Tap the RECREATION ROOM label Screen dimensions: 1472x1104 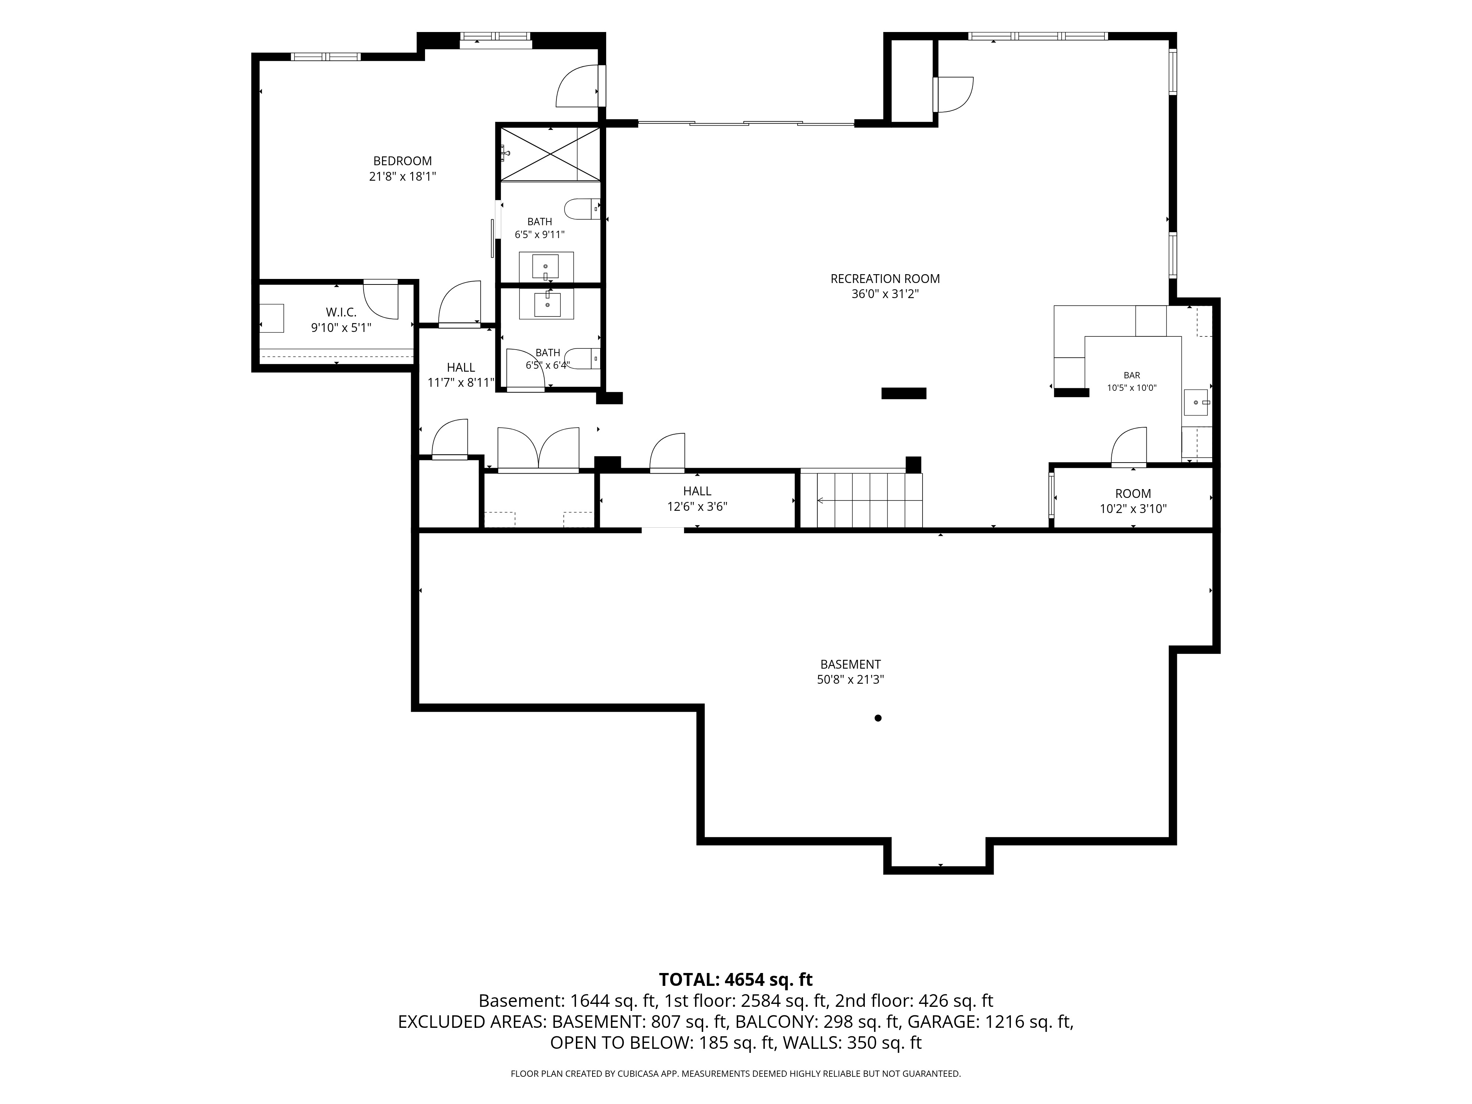pos(885,279)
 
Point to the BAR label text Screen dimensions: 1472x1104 pos(1132,375)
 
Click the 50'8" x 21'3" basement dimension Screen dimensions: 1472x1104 pos(850,679)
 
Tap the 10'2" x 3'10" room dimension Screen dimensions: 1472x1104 pos(1133,509)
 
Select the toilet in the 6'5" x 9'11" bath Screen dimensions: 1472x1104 pos(582,209)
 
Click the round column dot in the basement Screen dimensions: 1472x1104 pos(878,718)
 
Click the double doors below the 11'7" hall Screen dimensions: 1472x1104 pos(538,450)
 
